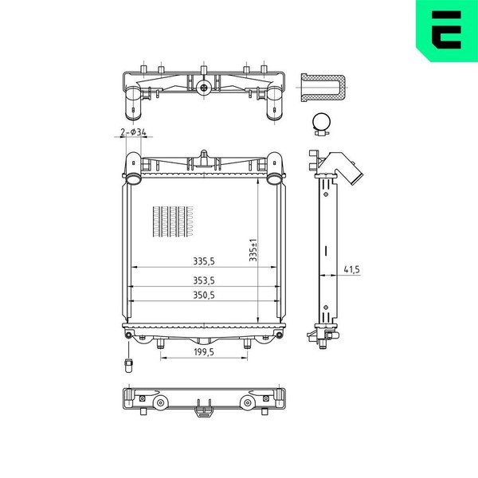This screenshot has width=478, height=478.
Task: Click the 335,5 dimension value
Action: [x=204, y=261]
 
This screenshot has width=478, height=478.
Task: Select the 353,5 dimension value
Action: [x=204, y=280]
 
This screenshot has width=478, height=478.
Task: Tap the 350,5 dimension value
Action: [x=204, y=295]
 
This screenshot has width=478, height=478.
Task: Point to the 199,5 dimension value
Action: [x=204, y=352]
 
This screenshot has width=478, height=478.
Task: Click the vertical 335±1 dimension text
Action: [x=253, y=250]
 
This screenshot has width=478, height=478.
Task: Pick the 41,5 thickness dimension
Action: [x=351, y=269]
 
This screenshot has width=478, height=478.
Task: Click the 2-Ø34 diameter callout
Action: [x=133, y=132]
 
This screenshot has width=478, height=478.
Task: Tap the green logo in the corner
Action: [x=447, y=30]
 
